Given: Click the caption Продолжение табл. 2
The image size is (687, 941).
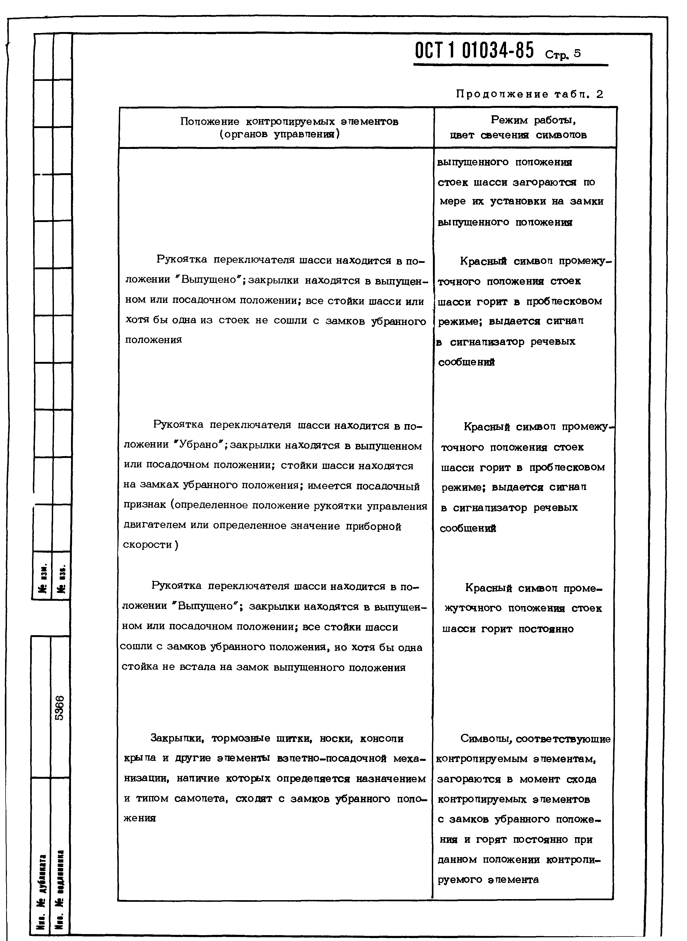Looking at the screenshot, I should (529, 94).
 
